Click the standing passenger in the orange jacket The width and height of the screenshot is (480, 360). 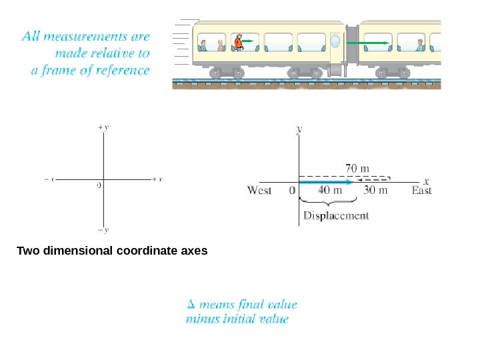tap(238, 43)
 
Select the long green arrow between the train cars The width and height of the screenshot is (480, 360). tap(367, 43)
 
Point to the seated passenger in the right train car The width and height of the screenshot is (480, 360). tap(420, 45)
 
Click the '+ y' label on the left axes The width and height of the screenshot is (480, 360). tap(103, 126)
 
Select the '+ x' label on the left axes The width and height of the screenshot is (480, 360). tap(158, 179)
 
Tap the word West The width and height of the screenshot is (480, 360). tap(259, 191)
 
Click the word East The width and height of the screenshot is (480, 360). tap(421, 191)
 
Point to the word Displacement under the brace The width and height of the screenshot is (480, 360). tap(336, 215)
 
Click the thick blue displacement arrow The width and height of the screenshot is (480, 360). tap(325, 181)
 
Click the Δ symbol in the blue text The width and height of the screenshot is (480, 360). tap(191, 305)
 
